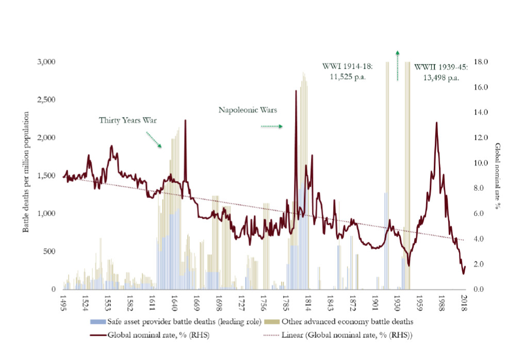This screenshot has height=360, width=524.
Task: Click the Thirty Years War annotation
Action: pyautogui.click(x=127, y=120)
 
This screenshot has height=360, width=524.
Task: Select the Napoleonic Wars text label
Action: pyautogui.click(x=248, y=110)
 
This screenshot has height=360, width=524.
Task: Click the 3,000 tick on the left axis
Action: pyautogui.click(x=46, y=62)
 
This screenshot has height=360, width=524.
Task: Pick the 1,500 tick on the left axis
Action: pyautogui.click(x=46, y=176)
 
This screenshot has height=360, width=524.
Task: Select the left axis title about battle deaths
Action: pyautogui.click(x=26, y=178)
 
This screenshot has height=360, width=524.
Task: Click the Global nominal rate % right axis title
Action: pyautogui.click(x=498, y=175)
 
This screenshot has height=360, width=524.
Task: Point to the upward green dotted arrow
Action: pyautogui.click(x=397, y=66)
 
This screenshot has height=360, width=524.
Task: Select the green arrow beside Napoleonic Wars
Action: pyautogui.click(x=271, y=126)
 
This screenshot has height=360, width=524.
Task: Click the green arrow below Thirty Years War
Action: pyautogui.click(x=154, y=139)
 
